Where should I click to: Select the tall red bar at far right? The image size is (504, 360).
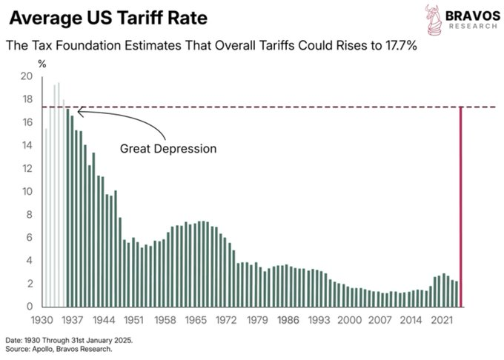tap(461, 207)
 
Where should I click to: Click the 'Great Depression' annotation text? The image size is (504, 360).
tap(168, 149)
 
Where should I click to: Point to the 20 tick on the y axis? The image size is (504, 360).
tap(27, 76)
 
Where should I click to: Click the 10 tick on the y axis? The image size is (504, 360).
tap(27, 191)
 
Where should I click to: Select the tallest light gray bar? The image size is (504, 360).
tap(59, 195)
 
